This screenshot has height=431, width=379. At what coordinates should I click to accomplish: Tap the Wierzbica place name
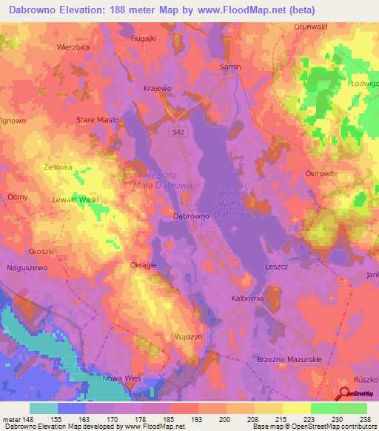coord(73,46)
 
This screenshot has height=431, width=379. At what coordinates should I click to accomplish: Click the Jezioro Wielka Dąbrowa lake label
coord(235,204)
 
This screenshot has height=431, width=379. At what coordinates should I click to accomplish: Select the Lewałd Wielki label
coord(76,200)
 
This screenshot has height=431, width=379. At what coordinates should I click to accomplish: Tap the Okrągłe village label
coord(143,264)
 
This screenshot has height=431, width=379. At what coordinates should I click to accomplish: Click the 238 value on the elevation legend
coord(363,419)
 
